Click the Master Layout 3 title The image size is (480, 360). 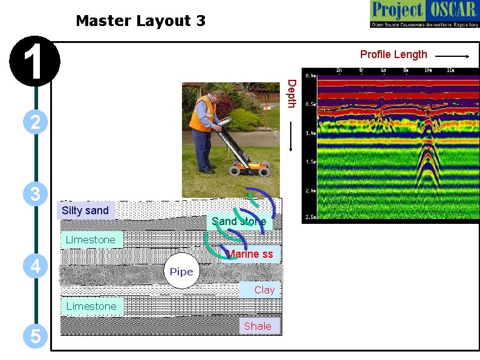(140, 21)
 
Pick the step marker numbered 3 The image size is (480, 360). (36, 194)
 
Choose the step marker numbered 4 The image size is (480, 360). (36, 266)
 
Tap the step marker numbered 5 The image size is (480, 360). (36, 336)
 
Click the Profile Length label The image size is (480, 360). (394, 54)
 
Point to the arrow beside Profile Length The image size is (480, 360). (452, 56)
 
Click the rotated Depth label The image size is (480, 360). (291, 94)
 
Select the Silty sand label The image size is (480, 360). (85, 211)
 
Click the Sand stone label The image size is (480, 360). (239, 221)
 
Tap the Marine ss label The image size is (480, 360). (250, 254)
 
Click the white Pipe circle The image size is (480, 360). (181, 272)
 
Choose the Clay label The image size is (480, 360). (264, 290)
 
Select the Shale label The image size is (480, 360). (258, 326)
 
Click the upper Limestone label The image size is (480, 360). (90, 240)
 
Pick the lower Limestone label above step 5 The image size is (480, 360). (91, 306)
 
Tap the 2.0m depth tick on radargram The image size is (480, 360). (310, 191)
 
